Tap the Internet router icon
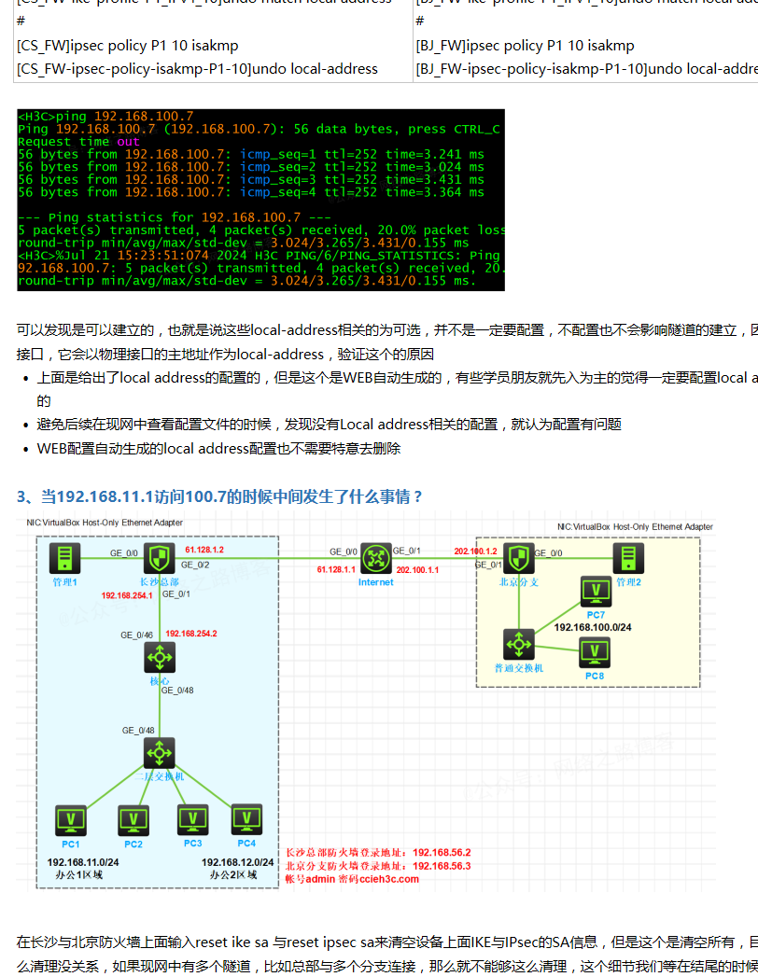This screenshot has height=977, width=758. pos(375,559)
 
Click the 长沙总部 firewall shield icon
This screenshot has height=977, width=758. pos(159,558)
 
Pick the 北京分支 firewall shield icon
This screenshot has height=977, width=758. pos(519,559)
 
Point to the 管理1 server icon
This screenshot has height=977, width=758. pos(64,558)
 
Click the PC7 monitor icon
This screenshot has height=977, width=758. pos(596,592)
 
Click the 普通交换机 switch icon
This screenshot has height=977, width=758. pos(518,645)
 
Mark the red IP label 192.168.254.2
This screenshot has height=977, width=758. pos(191,634)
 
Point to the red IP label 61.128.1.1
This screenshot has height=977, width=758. pos(336,569)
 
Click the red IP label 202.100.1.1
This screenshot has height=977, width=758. pos(417,569)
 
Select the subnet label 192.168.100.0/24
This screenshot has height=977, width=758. pos(593,627)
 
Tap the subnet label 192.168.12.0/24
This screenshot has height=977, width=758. pos(237,862)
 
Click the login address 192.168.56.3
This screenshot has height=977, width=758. pos(442,865)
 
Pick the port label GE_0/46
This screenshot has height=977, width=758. pos(138,635)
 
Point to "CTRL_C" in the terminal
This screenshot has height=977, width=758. pos(477,129)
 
